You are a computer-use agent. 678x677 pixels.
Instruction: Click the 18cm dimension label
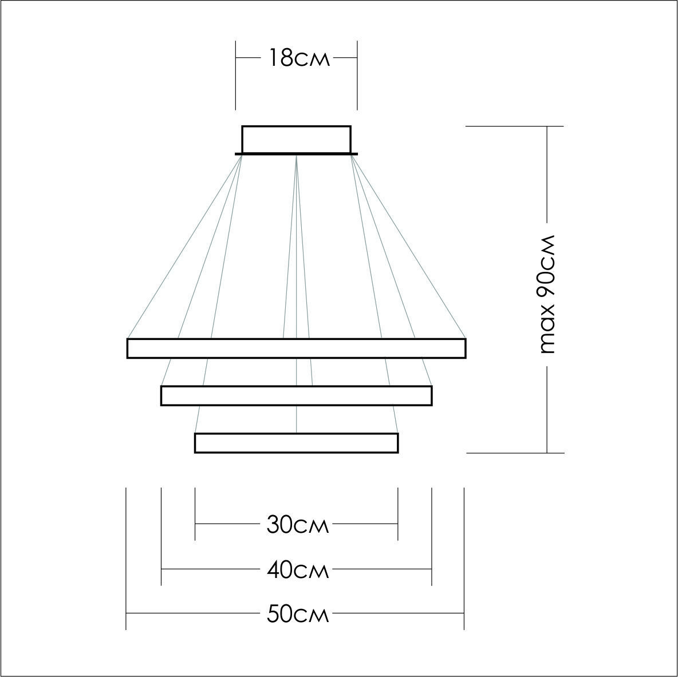(x=299, y=57)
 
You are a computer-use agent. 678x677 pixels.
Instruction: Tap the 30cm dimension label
(x=298, y=525)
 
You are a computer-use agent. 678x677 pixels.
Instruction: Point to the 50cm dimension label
(x=298, y=614)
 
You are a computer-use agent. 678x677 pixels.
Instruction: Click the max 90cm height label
(x=547, y=295)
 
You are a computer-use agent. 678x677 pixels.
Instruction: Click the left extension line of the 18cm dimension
(x=236, y=76)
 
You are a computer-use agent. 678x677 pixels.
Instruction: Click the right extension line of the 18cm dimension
(x=357, y=76)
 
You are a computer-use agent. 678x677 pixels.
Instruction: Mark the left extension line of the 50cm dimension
(x=126, y=559)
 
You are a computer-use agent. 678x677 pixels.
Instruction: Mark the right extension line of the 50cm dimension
(x=464, y=559)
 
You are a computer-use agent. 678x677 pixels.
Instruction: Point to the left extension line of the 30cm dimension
(x=195, y=514)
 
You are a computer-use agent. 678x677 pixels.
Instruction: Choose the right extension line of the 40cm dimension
(x=432, y=537)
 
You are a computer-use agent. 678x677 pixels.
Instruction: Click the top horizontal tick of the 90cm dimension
(x=515, y=126)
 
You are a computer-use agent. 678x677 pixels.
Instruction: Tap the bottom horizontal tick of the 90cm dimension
(x=515, y=453)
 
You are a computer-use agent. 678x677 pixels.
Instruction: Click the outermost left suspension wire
(x=184, y=246)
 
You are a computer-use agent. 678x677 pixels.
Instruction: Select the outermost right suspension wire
(x=408, y=246)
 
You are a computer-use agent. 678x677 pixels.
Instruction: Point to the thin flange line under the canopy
(x=296, y=154)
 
